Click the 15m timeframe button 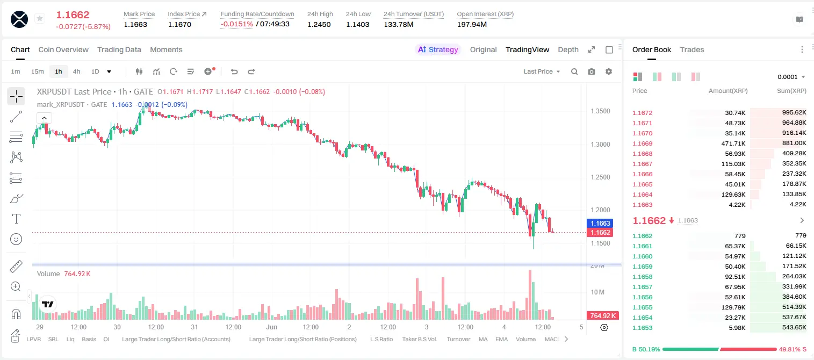click(x=37, y=71)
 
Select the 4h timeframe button click(x=76, y=71)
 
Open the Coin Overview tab click(x=63, y=49)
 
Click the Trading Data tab click(x=119, y=49)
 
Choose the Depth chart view click(x=568, y=49)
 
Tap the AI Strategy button click(x=438, y=49)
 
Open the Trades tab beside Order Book click(x=692, y=49)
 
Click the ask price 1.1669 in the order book click(x=642, y=143)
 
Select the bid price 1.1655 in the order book click(x=642, y=307)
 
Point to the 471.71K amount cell click(x=733, y=143)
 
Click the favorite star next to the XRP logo click(x=40, y=18)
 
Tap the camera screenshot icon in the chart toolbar click(x=592, y=71)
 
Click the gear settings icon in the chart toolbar click(x=609, y=71)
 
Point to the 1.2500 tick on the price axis click(x=600, y=177)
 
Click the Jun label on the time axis click(x=271, y=327)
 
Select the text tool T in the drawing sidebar click(x=16, y=219)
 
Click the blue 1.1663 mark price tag click(x=600, y=223)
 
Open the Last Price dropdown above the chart click(x=542, y=71)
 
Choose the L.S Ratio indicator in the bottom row click(x=381, y=339)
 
